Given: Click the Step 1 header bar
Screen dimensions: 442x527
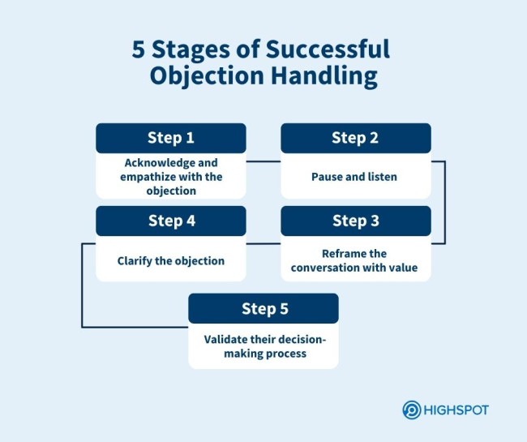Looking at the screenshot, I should (x=171, y=138).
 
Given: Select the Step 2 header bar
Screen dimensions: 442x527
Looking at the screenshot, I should (x=355, y=138).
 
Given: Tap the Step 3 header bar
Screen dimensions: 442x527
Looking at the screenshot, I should (x=355, y=221).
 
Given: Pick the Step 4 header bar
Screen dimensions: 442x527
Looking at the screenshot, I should (x=171, y=221).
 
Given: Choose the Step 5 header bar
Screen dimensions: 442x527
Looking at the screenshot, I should (x=263, y=309).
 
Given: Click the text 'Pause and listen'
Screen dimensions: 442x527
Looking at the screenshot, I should (x=355, y=176).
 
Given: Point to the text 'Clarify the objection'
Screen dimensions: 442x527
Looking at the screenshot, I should (x=171, y=261).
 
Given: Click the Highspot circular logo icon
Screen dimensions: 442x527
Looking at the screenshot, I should (x=412, y=410).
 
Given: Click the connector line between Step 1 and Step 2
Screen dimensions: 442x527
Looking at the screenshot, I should (x=263, y=161).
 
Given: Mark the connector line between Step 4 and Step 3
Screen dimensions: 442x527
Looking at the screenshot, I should (x=263, y=243).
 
